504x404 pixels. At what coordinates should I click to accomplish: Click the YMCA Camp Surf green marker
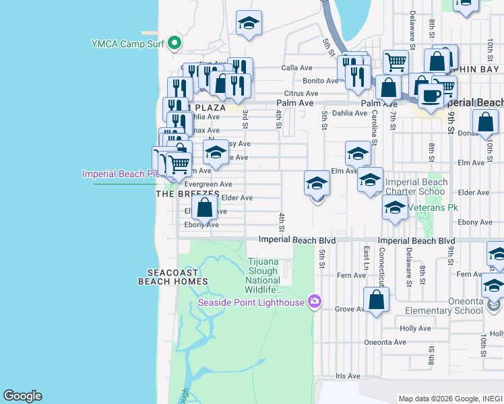(175, 44)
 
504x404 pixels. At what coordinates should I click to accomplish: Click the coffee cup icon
(431, 96)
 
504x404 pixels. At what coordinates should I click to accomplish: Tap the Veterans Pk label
(432, 208)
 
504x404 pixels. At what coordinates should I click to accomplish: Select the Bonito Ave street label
(320, 81)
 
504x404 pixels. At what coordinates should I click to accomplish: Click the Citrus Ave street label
(301, 94)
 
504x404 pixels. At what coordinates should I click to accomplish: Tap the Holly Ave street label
(414, 329)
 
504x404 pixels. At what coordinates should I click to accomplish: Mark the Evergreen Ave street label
(208, 184)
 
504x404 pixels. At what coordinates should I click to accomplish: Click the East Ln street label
(367, 255)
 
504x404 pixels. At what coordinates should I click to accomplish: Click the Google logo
(22, 396)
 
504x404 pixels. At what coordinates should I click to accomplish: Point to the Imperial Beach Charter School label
(416, 187)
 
